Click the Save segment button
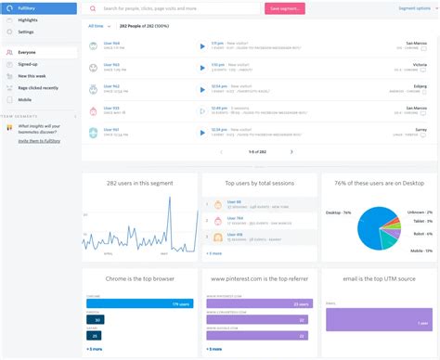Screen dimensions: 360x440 click(x=287, y=8)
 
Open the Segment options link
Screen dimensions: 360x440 click(x=414, y=7)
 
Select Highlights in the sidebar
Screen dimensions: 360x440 click(x=28, y=19)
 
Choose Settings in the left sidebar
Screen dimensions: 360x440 click(x=26, y=32)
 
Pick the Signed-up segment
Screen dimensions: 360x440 click(x=28, y=64)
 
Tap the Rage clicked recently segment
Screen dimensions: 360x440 click(x=37, y=87)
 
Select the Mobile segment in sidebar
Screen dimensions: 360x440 click(x=24, y=99)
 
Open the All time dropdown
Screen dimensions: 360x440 click(x=97, y=26)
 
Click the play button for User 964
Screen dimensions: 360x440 click(x=202, y=45)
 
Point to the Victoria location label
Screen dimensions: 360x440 click(x=419, y=65)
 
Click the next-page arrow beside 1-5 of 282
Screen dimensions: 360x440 click(x=291, y=151)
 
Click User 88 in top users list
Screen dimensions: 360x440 click(x=235, y=200)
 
